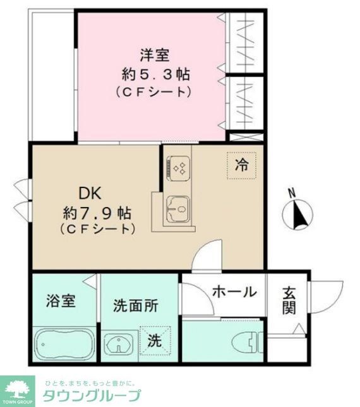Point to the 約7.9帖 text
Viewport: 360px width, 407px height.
(x=97, y=211)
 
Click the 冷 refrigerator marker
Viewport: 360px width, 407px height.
(x=242, y=165)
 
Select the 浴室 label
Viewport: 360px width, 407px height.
(x=61, y=300)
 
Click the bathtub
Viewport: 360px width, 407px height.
(x=62, y=345)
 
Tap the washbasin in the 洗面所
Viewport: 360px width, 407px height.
(x=117, y=345)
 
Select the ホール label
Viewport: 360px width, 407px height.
(x=234, y=292)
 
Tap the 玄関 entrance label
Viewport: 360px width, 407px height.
(x=289, y=300)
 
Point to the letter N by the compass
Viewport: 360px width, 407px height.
(x=291, y=192)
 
